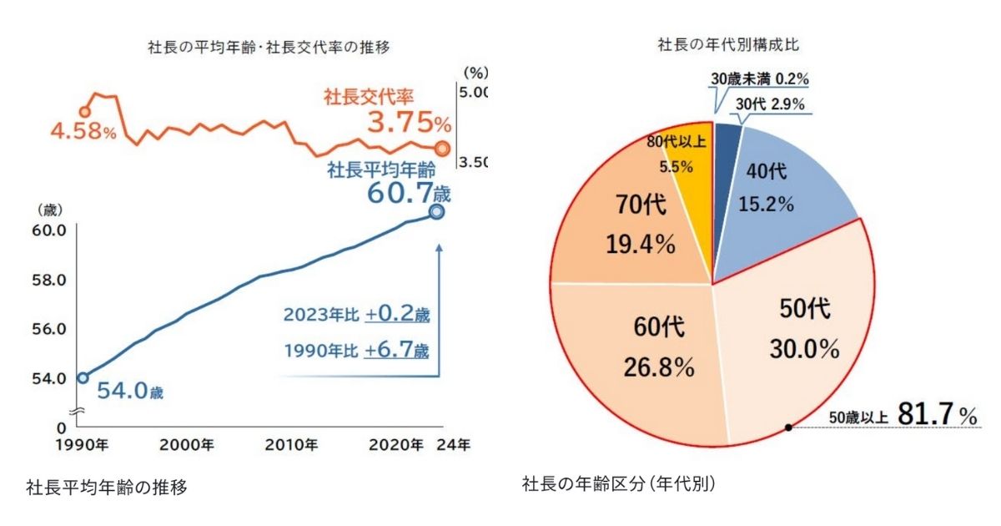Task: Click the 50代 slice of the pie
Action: tap(801, 334)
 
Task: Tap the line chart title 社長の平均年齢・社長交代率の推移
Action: tap(268, 48)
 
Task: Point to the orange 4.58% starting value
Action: tap(83, 132)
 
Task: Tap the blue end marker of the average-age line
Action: tap(437, 212)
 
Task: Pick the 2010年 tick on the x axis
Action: tap(290, 443)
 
